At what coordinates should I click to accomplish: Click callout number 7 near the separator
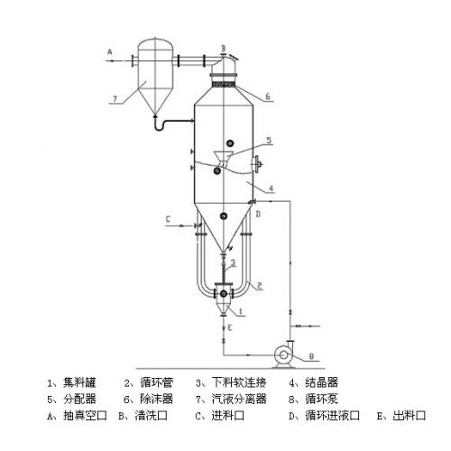pyautogui.click(x=115, y=98)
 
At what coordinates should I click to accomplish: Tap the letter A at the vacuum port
pyautogui.click(x=110, y=51)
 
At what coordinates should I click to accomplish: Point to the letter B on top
pyautogui.click(x=224, y=48)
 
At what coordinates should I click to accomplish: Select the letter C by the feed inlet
pyautogui.click(x=168, y=219)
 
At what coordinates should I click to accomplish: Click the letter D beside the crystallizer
pyautogui.click(x=258, y=214)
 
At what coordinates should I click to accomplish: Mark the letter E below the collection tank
pyautogui.click(x=230, y=327)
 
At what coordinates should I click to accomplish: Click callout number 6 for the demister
pyautogui.click(x=267, y=97)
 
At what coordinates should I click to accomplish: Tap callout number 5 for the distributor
pyautogui.click(x=269, y=140)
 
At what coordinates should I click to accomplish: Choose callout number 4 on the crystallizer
pyautogui.click(x=271, y=189)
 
